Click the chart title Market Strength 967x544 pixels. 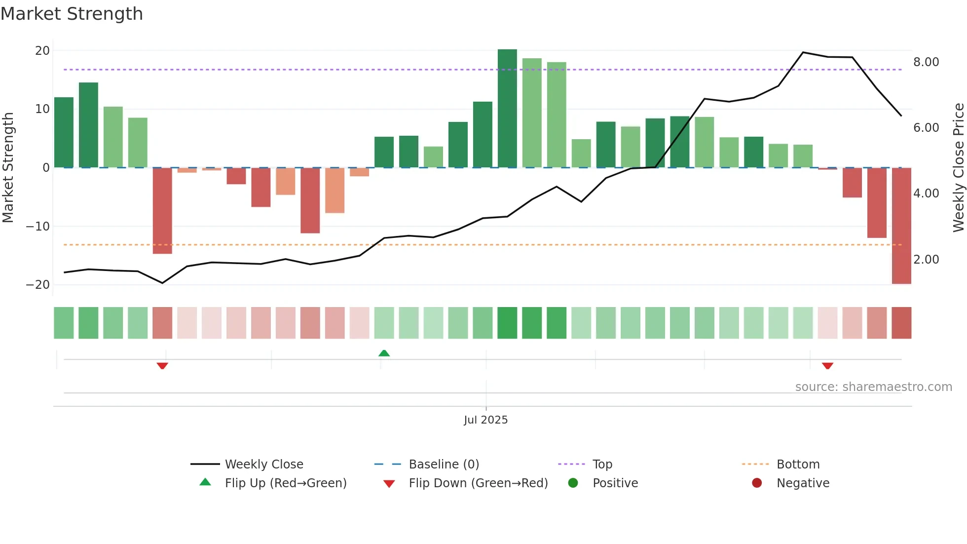point(72,14)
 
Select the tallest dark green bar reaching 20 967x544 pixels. point(507,109)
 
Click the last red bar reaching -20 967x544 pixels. point(901,226)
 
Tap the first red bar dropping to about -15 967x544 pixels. point(162,211)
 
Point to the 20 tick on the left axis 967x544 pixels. point(42,51)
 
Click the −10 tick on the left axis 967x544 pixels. point(38,227)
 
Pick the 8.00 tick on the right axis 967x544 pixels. point(926,62)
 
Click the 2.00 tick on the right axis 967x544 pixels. point(926,260)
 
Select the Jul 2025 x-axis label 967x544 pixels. point(485,420)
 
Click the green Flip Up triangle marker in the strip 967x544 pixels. point(384,353)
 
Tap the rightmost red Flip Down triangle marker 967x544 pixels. point(827,366)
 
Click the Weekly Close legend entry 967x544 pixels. point(264,465)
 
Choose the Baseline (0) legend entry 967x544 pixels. point(444,465)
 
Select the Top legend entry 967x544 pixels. point(602,465)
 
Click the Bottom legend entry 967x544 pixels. point(798,465)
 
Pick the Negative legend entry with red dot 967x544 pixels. point(803,483)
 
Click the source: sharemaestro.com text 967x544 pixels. point(873,387)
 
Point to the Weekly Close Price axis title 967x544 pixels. point(958,168)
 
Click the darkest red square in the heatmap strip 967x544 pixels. point(901,323)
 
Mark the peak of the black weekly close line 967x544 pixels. point(803,52)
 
